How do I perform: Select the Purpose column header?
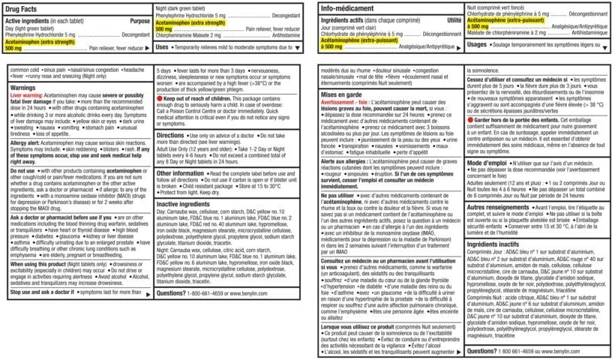pos(139,22)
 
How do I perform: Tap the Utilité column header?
pos(454,21)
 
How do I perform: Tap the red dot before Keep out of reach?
pos(159,98)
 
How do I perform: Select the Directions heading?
pos(171,135)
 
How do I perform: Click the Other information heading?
pos(181,172)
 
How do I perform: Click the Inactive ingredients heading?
pos(184,203)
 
